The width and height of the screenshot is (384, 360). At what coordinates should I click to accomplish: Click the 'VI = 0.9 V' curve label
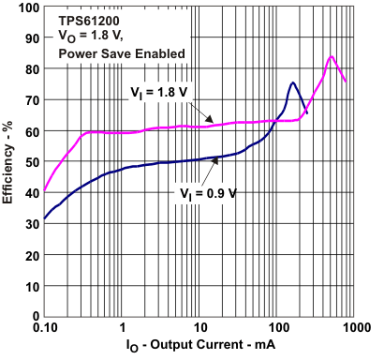click(208, 194)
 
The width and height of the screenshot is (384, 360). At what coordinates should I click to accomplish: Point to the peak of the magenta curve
click(331, 56)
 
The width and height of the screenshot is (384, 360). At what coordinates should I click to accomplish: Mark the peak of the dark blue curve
click(293, 83)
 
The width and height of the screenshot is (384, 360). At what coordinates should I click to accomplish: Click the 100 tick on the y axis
click(28, 7)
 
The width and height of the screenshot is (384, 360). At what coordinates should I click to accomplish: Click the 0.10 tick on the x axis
click(44, 329)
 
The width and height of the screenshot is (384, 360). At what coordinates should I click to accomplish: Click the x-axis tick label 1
click(123, 329)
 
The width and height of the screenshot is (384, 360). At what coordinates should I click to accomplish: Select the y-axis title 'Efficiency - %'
click(9, 162)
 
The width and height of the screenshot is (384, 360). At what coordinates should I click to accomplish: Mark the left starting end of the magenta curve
click(45, 191)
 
